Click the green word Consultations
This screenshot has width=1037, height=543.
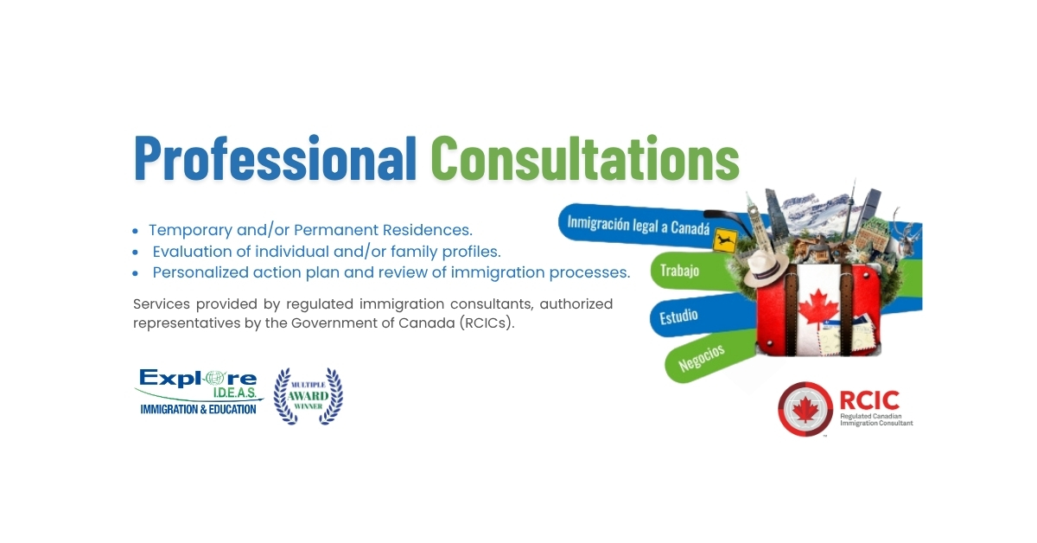point(585,157)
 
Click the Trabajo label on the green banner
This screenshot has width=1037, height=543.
point(679,271)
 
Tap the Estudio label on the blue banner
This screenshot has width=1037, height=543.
point(678,316)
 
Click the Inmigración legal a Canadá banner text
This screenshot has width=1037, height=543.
point(638,227)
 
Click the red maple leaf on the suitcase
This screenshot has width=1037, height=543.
point(818,307)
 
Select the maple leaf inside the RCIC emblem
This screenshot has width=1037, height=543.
point(805,410)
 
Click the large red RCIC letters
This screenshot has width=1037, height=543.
point(869,400)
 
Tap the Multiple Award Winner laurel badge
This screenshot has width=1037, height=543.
point(309,395)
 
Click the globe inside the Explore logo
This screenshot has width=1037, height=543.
point(213,378)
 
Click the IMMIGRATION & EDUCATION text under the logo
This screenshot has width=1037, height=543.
point(198,409)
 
